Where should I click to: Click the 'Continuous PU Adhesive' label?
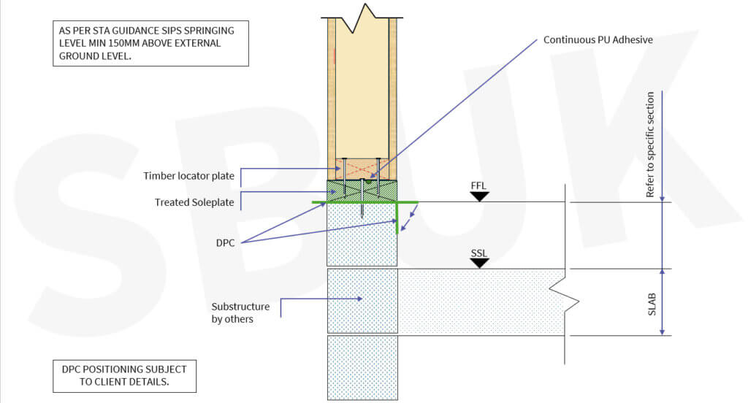click(x=598, y=39)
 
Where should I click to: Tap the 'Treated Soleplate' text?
click(x=194, y=202)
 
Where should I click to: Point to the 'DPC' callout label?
click(x=225, y=242)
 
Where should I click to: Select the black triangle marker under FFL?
click(x=479, y=196)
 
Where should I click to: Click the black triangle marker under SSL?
click(x=479, y=263)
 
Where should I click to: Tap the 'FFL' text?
click(x=479, y=185)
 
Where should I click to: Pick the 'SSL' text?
click(x=479, y=253)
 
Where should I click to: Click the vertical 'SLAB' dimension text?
click(x=651, y=302)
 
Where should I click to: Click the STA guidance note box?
click(x=150, y=44)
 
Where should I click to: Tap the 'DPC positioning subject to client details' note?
click(x=124, y=375)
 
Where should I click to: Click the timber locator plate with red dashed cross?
click(x=362, y=169)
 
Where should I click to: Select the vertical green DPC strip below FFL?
click(x=397, y=218)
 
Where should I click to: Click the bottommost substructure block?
click(x=362, y=367)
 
